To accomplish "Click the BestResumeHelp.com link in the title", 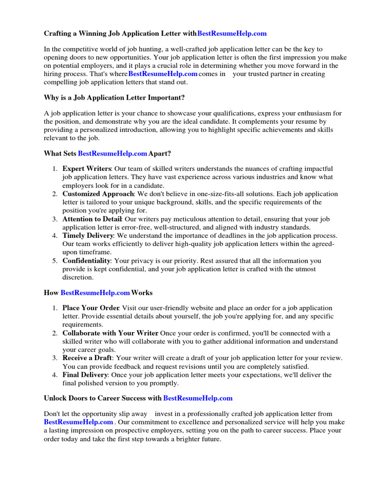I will pos(232,34).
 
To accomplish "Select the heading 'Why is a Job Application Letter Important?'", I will pos(114,98).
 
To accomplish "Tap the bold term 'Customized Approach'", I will pos(98,194).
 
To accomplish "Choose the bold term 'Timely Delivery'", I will pos(88,235).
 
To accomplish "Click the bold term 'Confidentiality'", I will pos(86,260).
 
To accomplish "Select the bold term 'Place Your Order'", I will pos(91,308).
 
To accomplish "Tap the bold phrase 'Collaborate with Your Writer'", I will pos(110,333).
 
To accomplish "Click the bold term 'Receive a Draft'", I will pos(87,358).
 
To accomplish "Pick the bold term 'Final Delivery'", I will pos(85,375).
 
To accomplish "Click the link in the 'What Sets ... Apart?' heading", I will pos(112,154).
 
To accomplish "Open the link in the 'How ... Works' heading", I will pos(95,293).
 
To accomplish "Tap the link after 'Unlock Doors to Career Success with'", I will pos(198,398).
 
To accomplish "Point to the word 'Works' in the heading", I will pos(142,293).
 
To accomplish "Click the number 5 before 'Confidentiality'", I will pos(54,260).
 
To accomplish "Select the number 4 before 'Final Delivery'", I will pos(54,375).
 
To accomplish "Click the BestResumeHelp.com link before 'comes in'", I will pos(163,74).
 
